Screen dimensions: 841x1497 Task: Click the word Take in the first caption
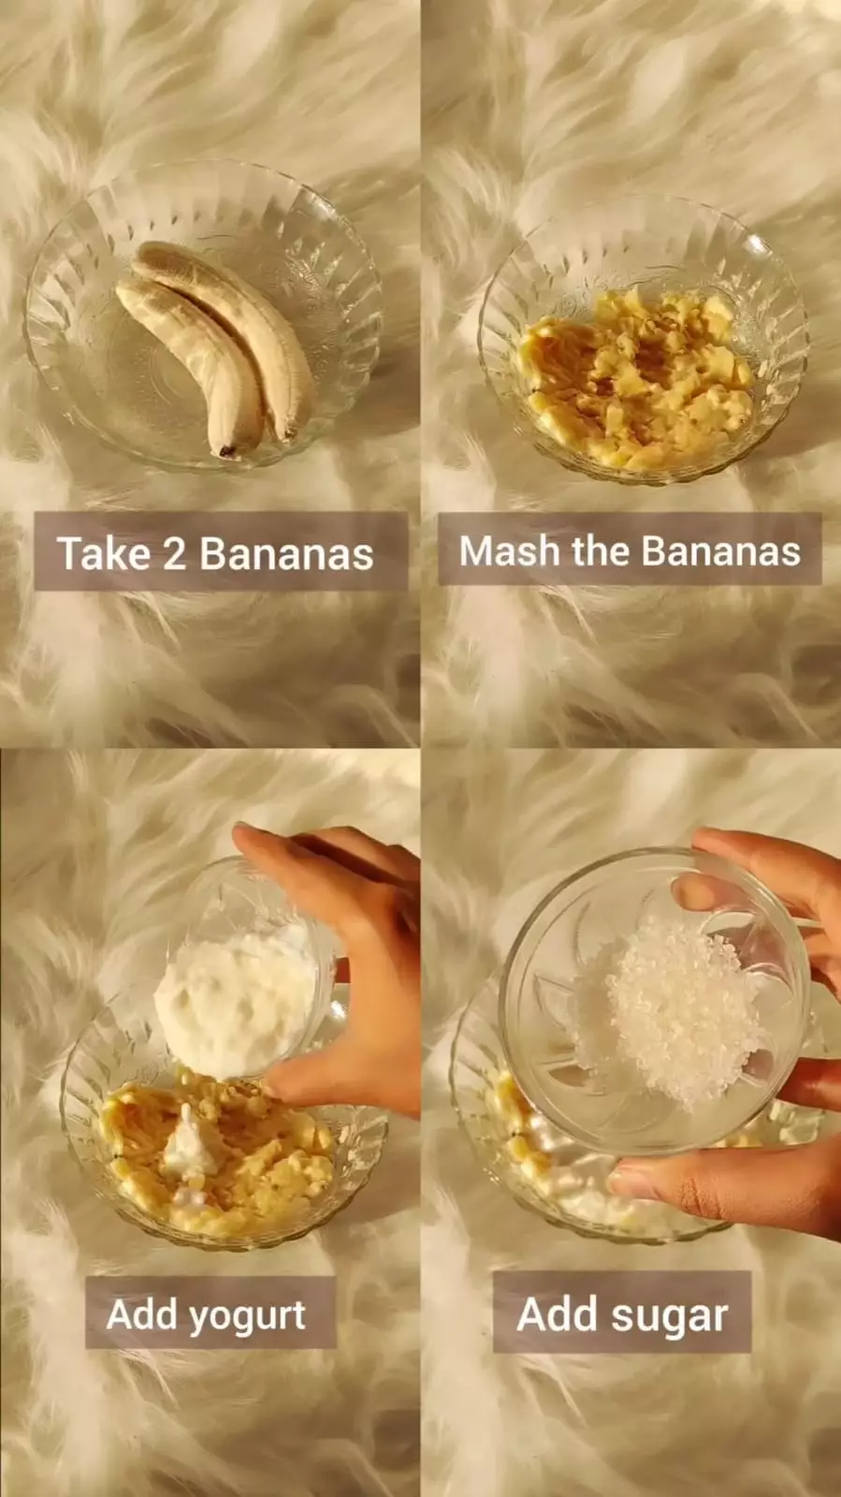[x=104, y=553]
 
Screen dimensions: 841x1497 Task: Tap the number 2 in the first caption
[x=174, y=554]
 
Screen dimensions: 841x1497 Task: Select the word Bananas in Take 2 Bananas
[x=286, y=554]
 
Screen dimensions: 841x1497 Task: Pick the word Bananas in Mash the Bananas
[x=720, y=550]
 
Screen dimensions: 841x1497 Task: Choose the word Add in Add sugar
[x=558, y=1314]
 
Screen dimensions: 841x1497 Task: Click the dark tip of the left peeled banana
[x=227, y=452]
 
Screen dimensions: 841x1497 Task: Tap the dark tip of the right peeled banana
[x=288, y=434]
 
